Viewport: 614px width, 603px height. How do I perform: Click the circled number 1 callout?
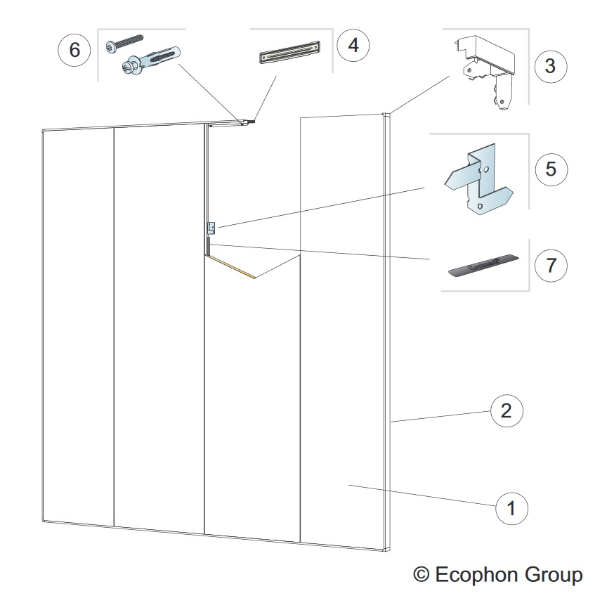coord(511,507)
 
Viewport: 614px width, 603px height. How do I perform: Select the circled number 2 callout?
coord(506,411)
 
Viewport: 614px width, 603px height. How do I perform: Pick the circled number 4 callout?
coord(353,46)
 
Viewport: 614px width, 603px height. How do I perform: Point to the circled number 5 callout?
coord(550,169)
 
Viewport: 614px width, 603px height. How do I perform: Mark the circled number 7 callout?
coord(550,266)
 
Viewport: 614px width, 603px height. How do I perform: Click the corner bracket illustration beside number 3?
coord(485,70)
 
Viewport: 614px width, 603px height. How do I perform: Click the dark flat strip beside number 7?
coord(485,266)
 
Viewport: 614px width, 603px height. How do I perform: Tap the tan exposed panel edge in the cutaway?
coord(231,266)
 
